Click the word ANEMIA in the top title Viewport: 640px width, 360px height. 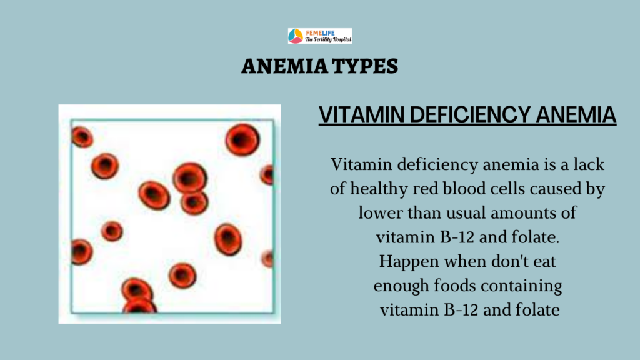point(284,66)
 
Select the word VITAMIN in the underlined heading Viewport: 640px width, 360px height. point(361,114)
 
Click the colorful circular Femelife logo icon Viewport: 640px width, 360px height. point(296,36)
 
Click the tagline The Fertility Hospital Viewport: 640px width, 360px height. point(328,39)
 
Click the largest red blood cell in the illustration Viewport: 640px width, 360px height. point(242,139)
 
